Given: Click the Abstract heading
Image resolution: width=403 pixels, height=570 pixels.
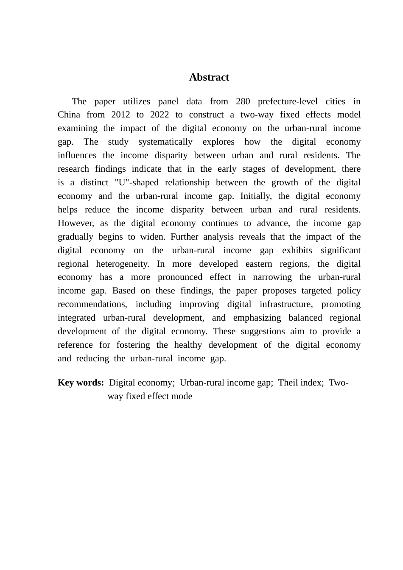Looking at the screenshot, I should point(209,77).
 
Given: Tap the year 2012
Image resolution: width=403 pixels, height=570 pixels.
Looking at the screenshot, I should point(120,115).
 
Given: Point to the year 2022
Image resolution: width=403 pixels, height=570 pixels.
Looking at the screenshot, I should point(160,115).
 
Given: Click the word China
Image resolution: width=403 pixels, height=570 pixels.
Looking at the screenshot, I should point(69,115).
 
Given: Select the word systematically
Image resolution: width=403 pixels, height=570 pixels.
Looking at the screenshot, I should point(165,142).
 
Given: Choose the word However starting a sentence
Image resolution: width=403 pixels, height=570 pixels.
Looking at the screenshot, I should point(76,224).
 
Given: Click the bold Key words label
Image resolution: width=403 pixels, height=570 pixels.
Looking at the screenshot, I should point(81,383).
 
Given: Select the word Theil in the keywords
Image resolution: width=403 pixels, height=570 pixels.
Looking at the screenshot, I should point(288,383).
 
